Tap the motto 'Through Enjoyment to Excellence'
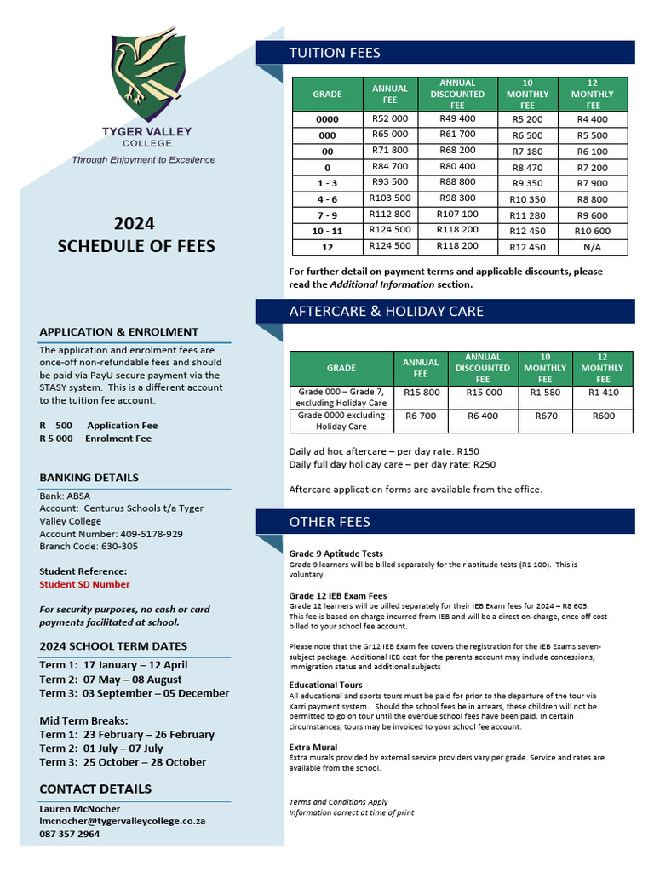click(x=143, y=159)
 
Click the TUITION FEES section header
click(x=335, y=53)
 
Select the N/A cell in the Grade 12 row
click(x=603, y=247)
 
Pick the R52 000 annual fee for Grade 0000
click(x=390, y=119)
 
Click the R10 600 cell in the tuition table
click(x=592, y=231)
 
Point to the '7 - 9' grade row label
click(x=327, y=215)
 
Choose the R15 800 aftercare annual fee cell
click(x=421, y=393)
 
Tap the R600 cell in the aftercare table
click(x=603, y=416)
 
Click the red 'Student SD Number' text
click(x=84, y=584)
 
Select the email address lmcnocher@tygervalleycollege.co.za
click(x=122, y=821)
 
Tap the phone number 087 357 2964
click(x=70, y=834)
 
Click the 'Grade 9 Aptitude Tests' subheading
click(x=336, y=554)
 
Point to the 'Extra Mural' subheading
click(x=314, y=747)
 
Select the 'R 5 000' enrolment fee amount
click(x=56, y=439)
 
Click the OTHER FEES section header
click(x=330, y=521)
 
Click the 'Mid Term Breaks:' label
click(x=84, y=720)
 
